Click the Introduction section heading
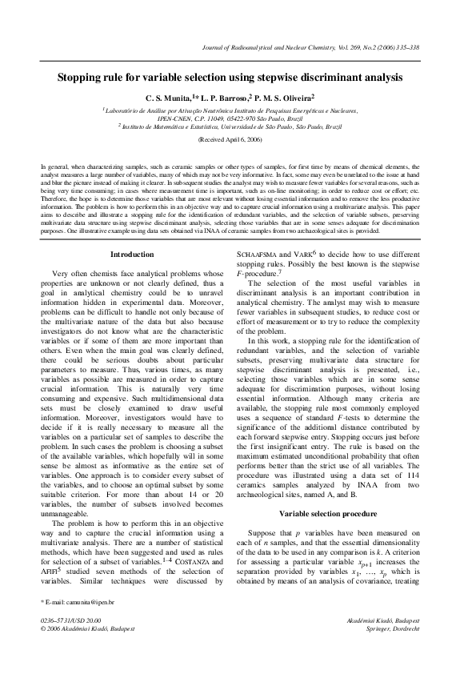pos(132,255)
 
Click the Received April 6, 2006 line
pos(238,138)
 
